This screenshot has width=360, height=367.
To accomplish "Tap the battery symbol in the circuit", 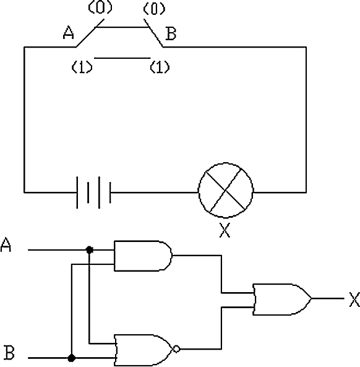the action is [x=93, y=192].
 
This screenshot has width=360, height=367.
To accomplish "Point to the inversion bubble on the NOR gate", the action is [x=177, y=349].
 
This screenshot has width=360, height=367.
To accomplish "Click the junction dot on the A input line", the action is [x=89, y=250].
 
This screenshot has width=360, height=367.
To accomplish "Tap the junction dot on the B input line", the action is [x=72, y=358].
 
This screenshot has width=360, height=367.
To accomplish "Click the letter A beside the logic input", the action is [x=6, y=245].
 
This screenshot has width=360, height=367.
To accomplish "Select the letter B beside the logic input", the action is [x=9, y=352].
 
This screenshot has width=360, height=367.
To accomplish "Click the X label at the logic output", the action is [x=354, y=300].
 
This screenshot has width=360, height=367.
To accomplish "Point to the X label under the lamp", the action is [x=225, y=230].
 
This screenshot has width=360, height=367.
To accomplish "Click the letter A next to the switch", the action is [x=69, y=33].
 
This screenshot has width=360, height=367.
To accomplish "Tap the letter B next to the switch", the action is [x=171, y=33].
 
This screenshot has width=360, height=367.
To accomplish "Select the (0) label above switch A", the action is [x=100, y=7].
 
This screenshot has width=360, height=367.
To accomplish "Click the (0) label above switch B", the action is [x=154, y=9].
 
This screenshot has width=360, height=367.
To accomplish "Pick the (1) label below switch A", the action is [x=82, y=67].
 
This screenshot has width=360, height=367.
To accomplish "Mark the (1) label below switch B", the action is [x=160, y=67].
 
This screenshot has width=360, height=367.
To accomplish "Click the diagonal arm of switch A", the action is [x=90, y=33].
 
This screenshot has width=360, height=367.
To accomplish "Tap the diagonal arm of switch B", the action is [x=153, y=33].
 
